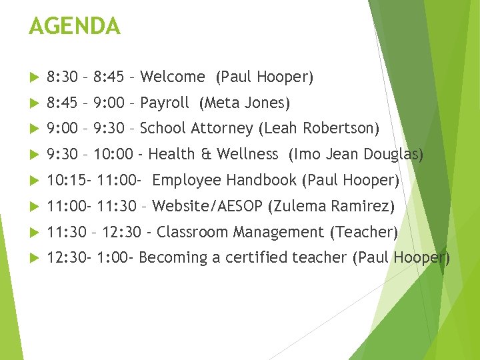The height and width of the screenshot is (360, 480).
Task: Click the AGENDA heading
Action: pos(75,27)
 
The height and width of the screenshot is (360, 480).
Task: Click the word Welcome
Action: pos(173,77)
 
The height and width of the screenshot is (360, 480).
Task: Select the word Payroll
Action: pos(165,103)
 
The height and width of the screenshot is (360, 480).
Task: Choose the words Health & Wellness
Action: pos(213,154)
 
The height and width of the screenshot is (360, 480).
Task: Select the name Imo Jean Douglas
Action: pos(356,154)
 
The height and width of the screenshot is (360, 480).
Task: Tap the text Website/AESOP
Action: pos(207,206)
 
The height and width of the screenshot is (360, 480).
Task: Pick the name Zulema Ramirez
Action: pos(331,206)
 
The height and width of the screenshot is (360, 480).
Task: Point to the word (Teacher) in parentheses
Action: pos(364,232)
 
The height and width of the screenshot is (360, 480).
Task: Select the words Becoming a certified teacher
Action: pos(243,257)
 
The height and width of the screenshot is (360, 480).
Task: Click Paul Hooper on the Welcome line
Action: pos(265,77)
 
